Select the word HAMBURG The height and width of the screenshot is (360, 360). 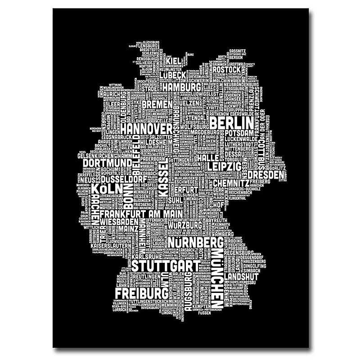(181, 86)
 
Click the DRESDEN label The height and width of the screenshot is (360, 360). (266, 174)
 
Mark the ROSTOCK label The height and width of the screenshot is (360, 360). (227, 71)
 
